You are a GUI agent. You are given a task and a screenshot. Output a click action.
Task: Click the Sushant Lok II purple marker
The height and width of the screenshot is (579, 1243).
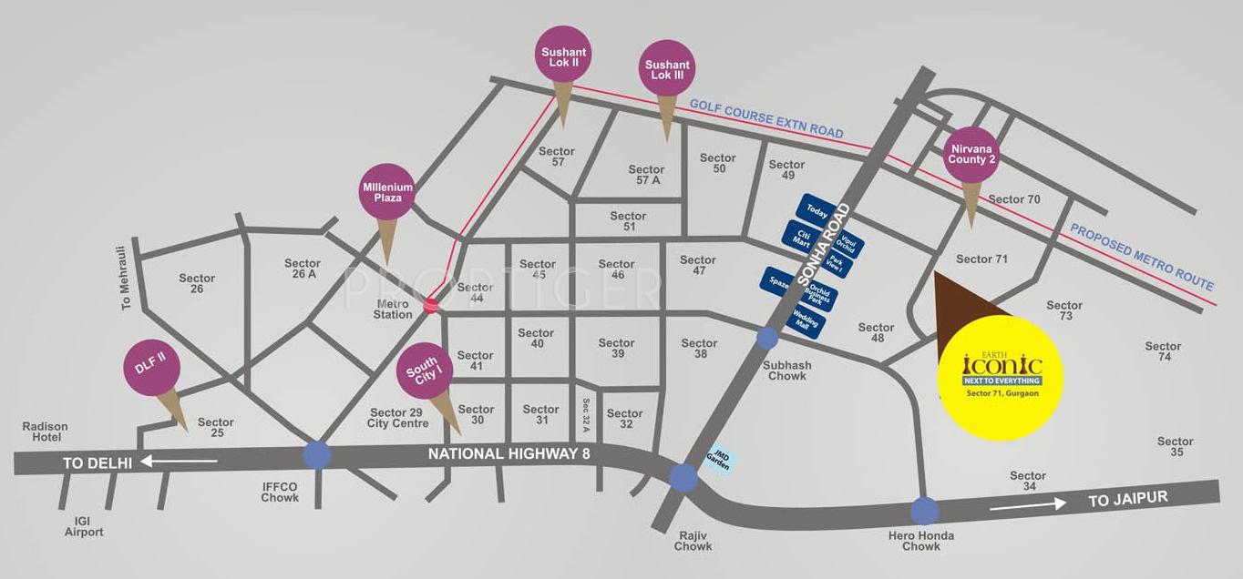(x=564, y=56)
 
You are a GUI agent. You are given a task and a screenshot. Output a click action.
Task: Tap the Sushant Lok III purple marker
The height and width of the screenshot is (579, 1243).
(x=667, y=69)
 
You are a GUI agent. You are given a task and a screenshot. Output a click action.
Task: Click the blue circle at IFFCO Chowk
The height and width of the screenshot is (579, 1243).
(x=317, y=454)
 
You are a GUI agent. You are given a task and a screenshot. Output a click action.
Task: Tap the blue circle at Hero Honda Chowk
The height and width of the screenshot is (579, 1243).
(x=924, y=512)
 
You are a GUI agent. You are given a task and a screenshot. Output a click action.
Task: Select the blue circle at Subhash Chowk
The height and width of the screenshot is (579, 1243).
(x=767, y=339)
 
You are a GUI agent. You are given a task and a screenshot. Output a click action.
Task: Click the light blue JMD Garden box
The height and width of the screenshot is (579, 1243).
(x=717, y=462)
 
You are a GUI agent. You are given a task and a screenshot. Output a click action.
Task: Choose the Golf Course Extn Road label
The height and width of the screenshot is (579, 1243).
(x=766, y=118)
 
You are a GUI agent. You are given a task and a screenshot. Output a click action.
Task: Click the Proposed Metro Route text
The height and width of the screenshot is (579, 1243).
(x=1142, y=257)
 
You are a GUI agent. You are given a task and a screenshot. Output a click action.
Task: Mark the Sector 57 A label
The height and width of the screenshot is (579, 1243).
(x=645, y=175)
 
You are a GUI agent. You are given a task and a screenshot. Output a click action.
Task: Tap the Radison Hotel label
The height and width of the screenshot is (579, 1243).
(x=46, y=432)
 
